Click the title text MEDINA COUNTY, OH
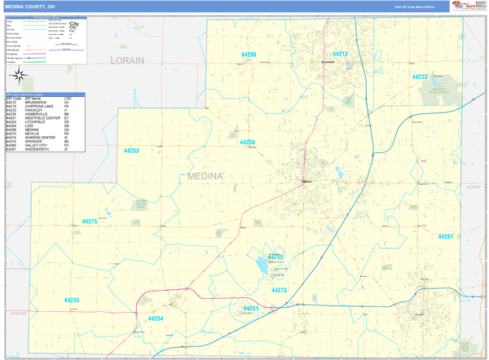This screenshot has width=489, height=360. coord(32,6)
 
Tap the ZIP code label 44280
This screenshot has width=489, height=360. coord(249,55)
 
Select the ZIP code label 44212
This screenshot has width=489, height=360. coord(340,54)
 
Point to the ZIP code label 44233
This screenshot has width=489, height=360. coord(420,77)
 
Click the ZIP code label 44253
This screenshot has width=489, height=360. coord(131,151)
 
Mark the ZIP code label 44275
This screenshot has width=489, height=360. coord(90,222)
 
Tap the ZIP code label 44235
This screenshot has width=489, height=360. coord(72,301)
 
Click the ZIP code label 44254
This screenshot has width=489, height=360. coord(156,318)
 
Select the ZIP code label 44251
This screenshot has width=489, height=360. coord(251,309)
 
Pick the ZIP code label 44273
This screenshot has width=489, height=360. coord(279,290)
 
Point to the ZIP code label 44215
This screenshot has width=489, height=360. coord(276,257)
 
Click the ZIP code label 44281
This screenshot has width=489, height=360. coord(445,236)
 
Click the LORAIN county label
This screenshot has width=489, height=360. coord(127,60)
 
